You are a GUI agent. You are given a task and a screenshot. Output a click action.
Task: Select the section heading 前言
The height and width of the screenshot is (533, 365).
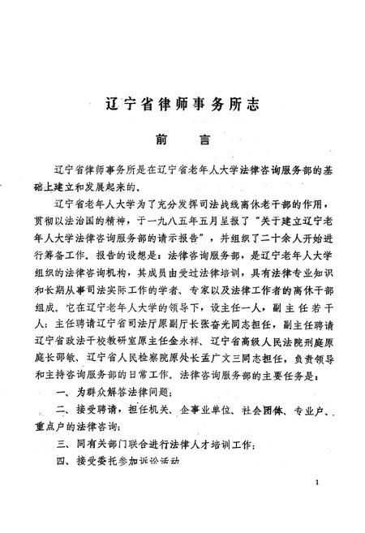point(182,140)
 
